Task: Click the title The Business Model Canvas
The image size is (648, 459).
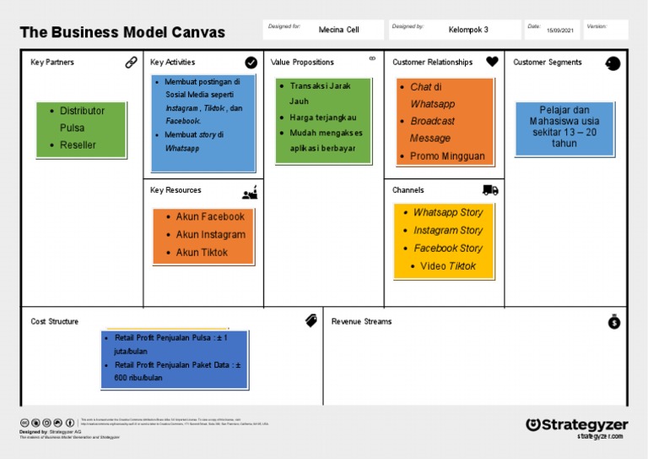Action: point(122,33)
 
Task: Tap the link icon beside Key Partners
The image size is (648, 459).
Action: point(131,62)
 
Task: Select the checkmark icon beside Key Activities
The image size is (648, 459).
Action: point(251,62)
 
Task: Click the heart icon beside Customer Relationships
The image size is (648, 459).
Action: point(492,62)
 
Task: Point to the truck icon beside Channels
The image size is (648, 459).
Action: point(490,190)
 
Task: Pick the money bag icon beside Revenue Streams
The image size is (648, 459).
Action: point(614,321)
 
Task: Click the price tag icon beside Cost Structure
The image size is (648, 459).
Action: point(310,321)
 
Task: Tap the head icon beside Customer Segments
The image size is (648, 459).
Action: point(613,63)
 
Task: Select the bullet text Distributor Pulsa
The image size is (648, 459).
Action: point(83,119)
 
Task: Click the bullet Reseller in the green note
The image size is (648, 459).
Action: point(78,145)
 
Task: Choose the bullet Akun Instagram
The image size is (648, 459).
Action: point(210,235)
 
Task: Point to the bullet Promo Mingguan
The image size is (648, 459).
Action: point(447,156)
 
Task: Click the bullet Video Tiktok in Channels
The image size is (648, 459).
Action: point(448,266)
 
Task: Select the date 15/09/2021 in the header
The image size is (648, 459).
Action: point(560,30)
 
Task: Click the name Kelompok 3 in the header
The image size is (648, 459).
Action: point(468,30)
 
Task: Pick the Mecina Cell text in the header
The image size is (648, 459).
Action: point(338,30)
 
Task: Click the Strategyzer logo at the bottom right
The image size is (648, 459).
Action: point(576,425)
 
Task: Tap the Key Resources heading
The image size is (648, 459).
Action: point(175,190)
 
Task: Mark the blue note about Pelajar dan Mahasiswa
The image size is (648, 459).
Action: point(564,127)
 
